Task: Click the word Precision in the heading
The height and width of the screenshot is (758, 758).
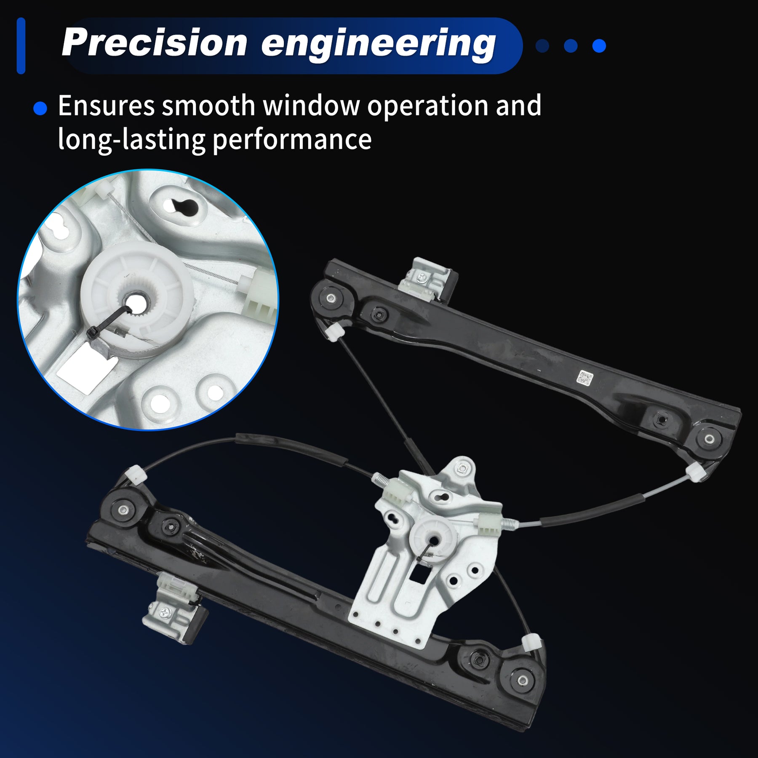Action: tap(155, 43)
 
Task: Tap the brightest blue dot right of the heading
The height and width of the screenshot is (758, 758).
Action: tap(599, 46)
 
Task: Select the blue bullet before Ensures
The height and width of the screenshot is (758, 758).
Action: tap(40, 108)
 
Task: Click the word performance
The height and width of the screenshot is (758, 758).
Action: tap(292, 140)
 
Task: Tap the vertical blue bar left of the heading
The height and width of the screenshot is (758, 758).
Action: tap(21, 46)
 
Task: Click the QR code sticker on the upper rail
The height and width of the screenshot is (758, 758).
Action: tap(585, 378)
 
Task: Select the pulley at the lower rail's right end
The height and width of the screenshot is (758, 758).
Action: tap(522, 680)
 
